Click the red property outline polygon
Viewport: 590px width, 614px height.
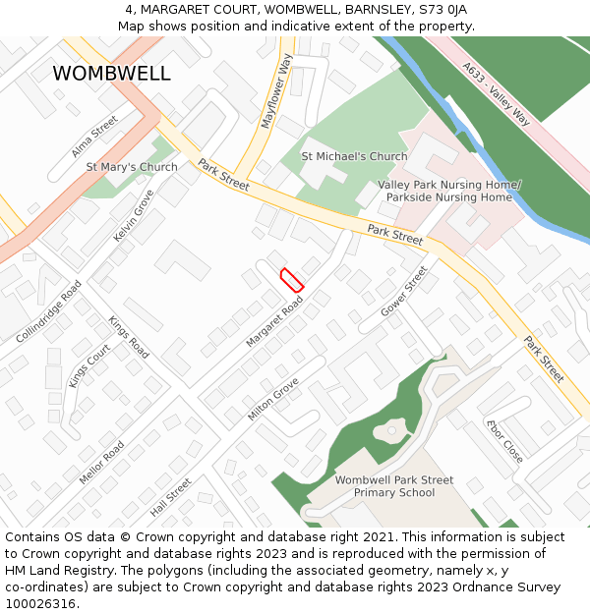(292, 279)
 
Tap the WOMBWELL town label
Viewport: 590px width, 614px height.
(111, 74)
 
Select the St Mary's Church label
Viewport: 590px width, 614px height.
(132, 167)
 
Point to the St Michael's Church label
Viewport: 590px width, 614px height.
(354, 156)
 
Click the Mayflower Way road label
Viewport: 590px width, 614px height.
(276, 91)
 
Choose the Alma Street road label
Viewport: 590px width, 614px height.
(94, 137)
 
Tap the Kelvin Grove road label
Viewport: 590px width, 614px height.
(134, 216)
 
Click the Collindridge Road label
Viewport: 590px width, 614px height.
(49, 311)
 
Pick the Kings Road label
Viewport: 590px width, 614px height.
(129, 337)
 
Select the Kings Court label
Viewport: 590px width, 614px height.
(89, 365)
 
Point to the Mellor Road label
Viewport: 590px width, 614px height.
(101, 463)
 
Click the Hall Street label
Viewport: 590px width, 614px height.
(171, 498)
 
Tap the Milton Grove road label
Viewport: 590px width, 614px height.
(273, 400)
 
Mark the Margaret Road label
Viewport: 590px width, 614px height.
(274, 321)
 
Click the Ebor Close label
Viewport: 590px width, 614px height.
(504, 441)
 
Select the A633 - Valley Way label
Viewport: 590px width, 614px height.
(497, 94)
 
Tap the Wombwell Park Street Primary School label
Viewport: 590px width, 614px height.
(394, 486)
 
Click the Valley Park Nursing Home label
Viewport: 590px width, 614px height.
(449, 191)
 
